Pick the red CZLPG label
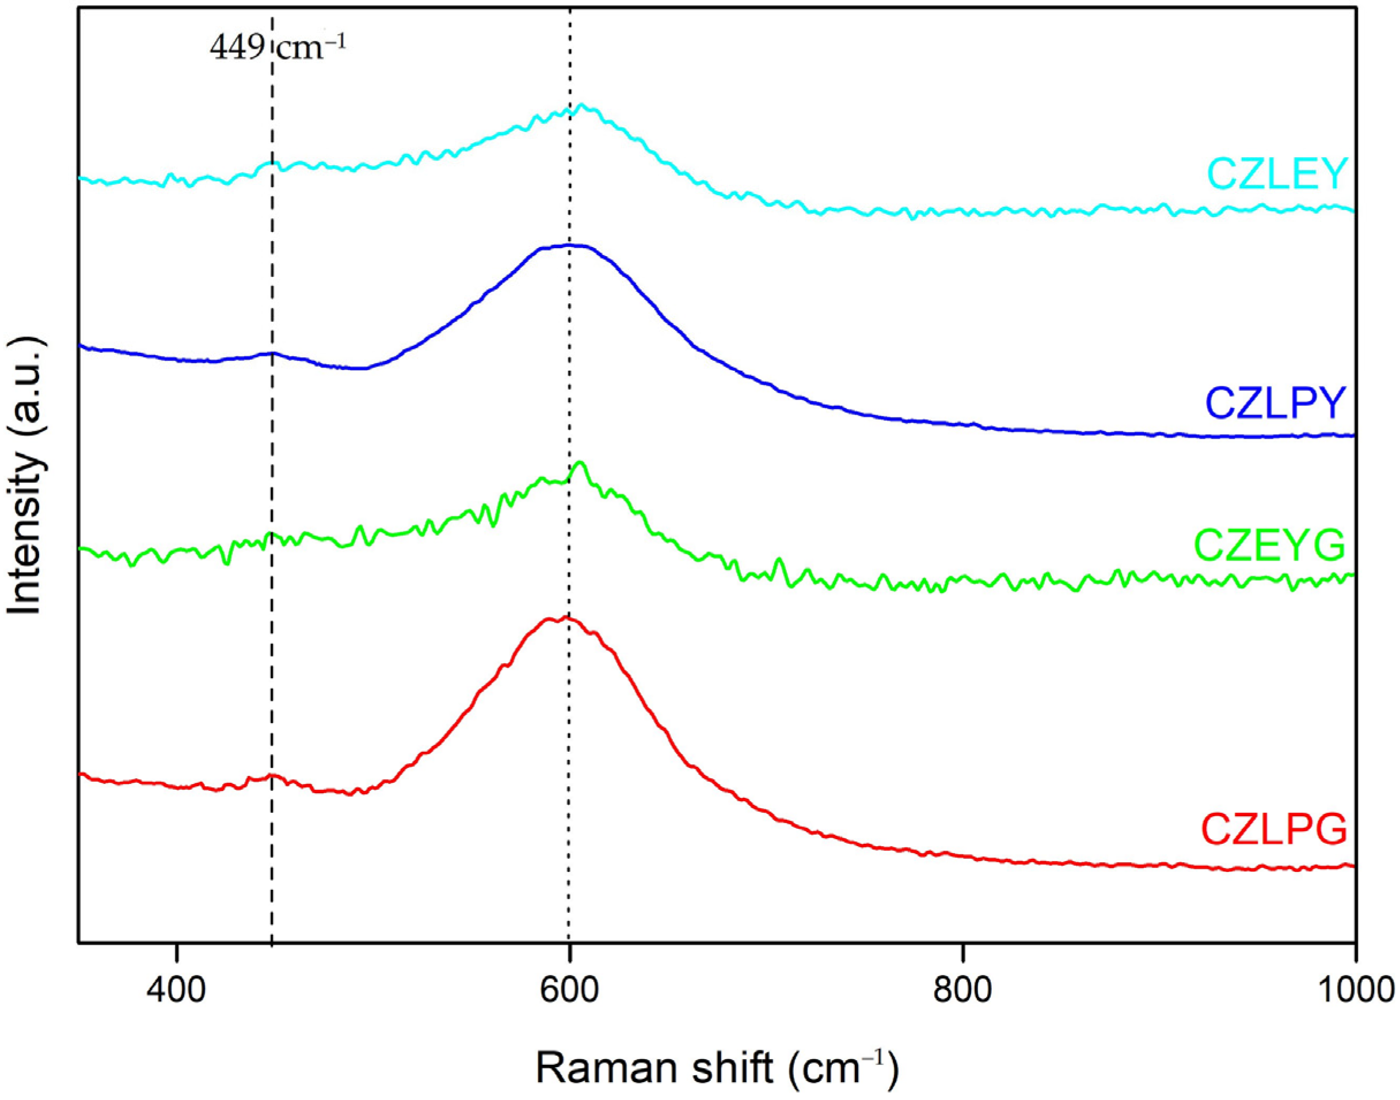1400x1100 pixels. coord(1274,847)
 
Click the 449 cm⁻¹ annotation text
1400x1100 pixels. coord(277,48)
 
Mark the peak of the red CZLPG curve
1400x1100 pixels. coord(565,617)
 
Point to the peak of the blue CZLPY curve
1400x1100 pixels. coord(570,245)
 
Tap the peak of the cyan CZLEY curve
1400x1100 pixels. coord(582,104)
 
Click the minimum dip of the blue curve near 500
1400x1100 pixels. coord(362,368)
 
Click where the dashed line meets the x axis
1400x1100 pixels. coord(272,943)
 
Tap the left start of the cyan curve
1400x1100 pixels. coord(80,178)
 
